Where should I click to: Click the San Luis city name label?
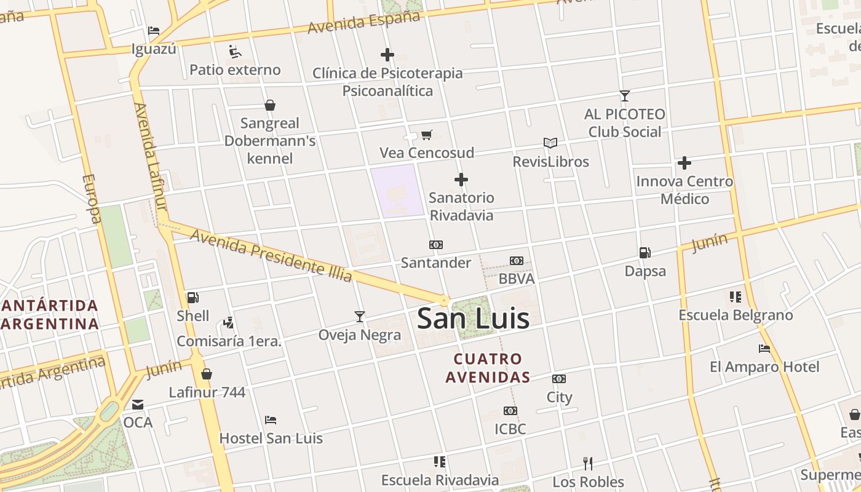coord(473,319)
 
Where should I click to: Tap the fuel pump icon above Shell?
coord(192,298)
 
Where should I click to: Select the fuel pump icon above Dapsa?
coord(645,252)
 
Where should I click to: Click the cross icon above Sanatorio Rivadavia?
coord(461,180)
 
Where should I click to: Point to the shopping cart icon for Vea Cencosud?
coord(426,135)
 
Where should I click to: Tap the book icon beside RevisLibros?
coord(550,143)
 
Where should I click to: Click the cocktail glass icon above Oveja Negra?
coord(360,317)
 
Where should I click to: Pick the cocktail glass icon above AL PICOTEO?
coord(625,95)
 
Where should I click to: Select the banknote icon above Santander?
coord(436,245)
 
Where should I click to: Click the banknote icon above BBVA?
coord(517,261)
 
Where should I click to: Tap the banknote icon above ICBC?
coord(510,410)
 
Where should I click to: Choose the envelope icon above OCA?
coord(138,404)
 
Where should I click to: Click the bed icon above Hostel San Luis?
coord(271,420)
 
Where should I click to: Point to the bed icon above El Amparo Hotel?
coord(764,349)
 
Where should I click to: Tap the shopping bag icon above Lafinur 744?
coord(207,374)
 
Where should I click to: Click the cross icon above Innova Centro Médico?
coord(684,163)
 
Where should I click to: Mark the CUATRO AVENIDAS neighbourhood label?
coord(488,368)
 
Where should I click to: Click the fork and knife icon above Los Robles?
coord(588,463)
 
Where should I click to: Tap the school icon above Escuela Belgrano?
coord(735,297)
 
